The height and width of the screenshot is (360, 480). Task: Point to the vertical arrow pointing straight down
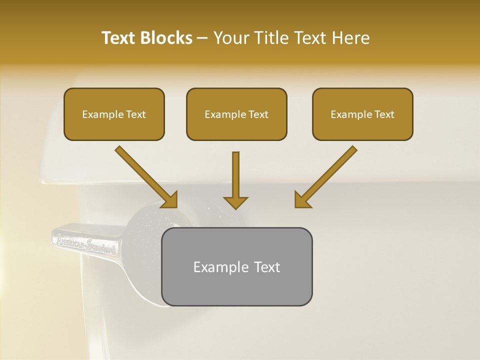[235, 177]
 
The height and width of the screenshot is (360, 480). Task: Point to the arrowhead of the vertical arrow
[235, 202]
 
